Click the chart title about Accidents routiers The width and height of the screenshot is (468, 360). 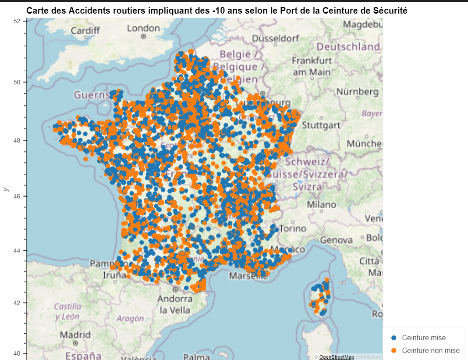pyautogui.click(x=216, y=11)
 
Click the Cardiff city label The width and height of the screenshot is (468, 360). pyautogui.click(x=85, y=31)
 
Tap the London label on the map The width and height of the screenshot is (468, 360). pyautogui.click(x=143, y=29)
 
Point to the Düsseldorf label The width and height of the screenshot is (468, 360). pyautogui.click(x=275, y=38)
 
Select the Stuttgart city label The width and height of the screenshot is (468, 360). pyautogui.click(x=321, y=125)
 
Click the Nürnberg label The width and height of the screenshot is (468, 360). pyautogui.click(x=357, y=92)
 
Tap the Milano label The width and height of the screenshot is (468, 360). pyautogui.click(x=321, y=204)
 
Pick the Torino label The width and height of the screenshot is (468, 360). pyautogui.click(x=293, y=228)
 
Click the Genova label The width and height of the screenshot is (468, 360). pyautogui.click(x=336, y=240)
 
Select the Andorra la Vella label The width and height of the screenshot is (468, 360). pyautogui.click(x=175, y=304)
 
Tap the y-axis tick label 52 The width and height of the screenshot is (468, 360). pyautogui.click(x=17, y=21)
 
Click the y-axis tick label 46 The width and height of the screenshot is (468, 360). pyautogui.click(x=17, y=196)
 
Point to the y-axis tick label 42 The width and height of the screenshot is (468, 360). pyautogui.click(x=17, y=303)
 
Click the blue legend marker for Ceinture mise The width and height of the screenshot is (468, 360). pyautogui.click(x=394, y=338)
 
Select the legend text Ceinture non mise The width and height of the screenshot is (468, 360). pyautogui.click(x=431, y=350)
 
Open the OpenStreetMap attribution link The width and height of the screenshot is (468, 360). pyautogui.click(x=336, y=357)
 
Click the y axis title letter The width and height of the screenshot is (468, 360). pyautogui.click(x=6, y=189)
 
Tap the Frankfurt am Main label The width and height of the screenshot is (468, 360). pyautogui.click(x=312, y=66)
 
